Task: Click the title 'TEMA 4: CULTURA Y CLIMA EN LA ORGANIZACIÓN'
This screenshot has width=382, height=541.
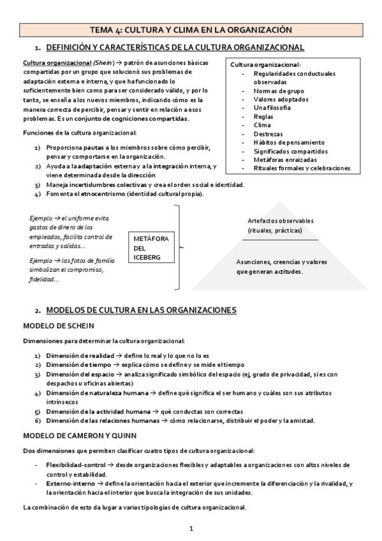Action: [x=191, y=29]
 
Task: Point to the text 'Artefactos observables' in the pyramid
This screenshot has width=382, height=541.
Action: [x=275, y=220]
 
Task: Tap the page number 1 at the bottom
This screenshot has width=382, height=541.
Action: [x=191, y=529]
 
